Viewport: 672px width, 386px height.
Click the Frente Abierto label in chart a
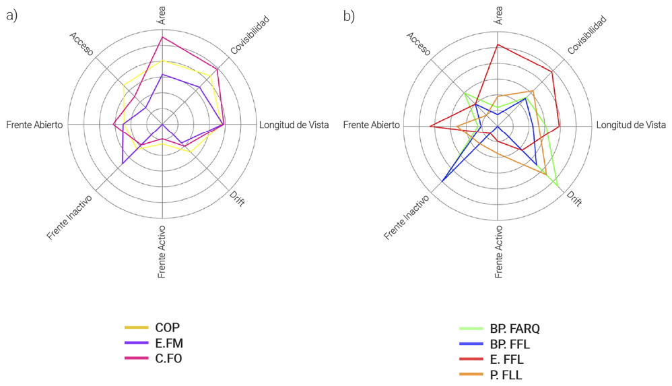[x=34, y=125]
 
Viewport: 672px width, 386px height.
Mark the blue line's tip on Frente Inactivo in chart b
[x=442, y=182]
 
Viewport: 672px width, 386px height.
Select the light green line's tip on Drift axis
[x=558, y=185]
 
